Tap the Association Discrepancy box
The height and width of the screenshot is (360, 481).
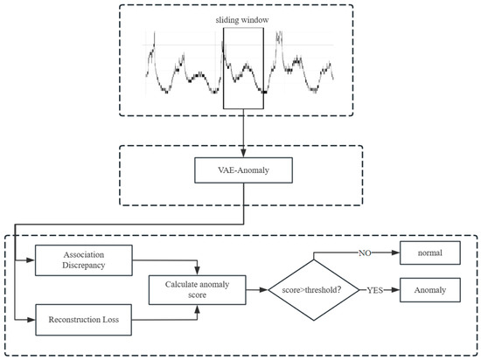82,258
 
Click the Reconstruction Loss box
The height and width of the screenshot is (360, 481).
82,321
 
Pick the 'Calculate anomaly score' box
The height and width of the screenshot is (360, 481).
199,289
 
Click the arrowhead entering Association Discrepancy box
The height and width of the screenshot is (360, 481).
32,258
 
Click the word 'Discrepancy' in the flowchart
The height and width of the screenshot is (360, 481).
82,264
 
